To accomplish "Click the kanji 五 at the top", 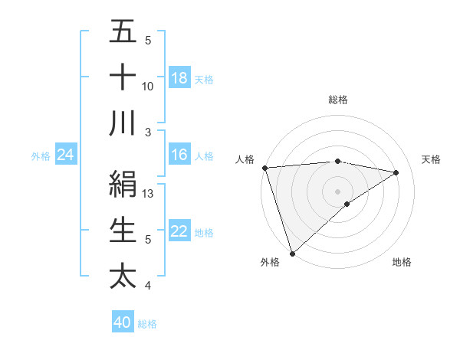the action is (x=123, y=33).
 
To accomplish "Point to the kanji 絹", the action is (x=123, y=185).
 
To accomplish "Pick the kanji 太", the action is (x=123, y=275).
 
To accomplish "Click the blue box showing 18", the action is (x=179, y=77).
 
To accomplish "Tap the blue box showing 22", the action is (x=179, y=231).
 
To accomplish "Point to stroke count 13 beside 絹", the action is (x=149, y=194).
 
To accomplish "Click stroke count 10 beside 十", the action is (x=148, y=86).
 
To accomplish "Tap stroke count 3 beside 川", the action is (x=148, y=132).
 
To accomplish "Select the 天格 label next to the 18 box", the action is (x=204, y=79).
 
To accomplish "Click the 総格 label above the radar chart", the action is (x=337, y=100).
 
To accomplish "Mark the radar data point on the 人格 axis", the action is (x=264, y=167).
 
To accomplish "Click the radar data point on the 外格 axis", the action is (x=292, y=252).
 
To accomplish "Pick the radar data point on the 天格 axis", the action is (x=396, y=172).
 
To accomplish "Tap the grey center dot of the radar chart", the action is (x=337, y=190).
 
